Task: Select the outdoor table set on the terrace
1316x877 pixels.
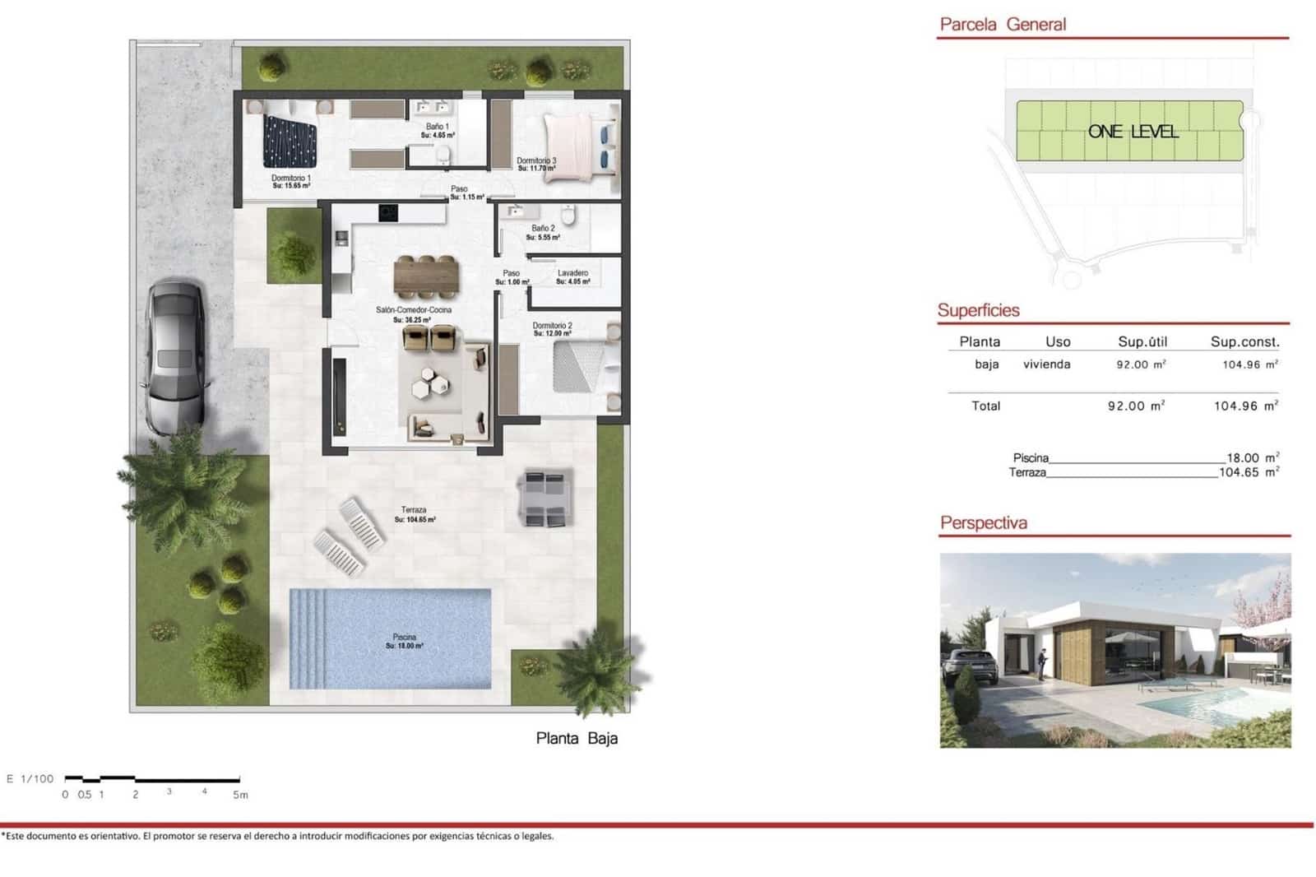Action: click(x=545, y=499)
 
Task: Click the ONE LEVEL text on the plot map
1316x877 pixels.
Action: click(x=1133, y=132)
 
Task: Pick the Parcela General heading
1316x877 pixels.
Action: click(x=1003, y=25)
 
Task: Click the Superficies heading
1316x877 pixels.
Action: click(x=979, y=310)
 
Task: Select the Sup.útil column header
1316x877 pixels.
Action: click(x=1142, y=341)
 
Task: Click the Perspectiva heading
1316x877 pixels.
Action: click(x=984, y=522)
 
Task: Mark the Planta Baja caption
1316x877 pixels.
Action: click(x=577, y=738)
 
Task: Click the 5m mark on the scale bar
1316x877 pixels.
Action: click(x=240, y=795)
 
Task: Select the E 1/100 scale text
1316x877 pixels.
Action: click(x=30, y=778)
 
